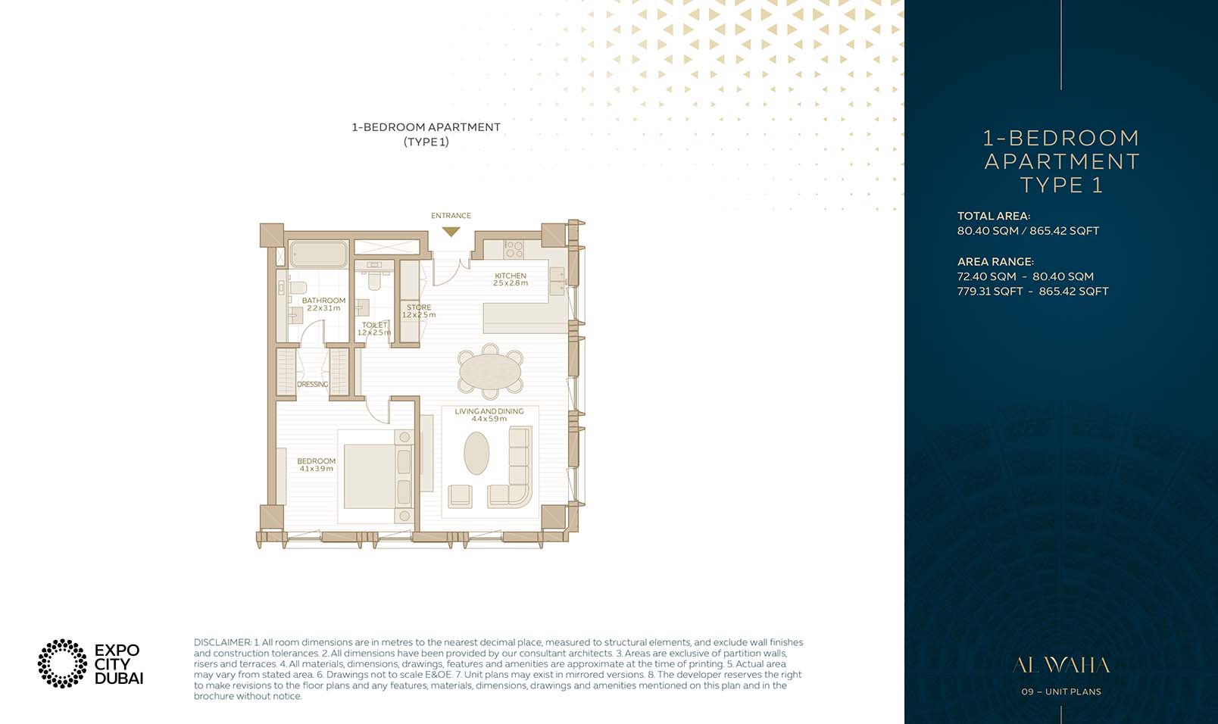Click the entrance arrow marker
(x=451, y=232)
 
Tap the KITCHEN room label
(x=510, y=276)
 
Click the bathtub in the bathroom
(x=319, y=254)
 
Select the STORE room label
(x=418, y=307)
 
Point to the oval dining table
(x=490, y=372)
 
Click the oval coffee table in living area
(x=476, y=453)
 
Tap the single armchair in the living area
(x=460, y=496)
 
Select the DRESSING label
(x=312, y=385)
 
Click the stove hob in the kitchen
(x=514, y=248)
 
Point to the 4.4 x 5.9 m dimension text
(x=489, y=419)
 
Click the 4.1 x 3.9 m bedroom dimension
(x=316, y=469)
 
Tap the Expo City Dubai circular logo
(x=62, y=663)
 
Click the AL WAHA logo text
(x=1060, y=666)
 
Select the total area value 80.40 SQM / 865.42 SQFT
(x=1027, y=231)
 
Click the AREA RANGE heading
(x=995, y=261)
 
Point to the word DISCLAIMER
(x=221, y=642)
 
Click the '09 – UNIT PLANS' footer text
(x=1060, y=691)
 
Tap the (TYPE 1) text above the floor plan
(x=426, y=142)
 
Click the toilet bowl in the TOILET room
(x=373, y=281)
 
